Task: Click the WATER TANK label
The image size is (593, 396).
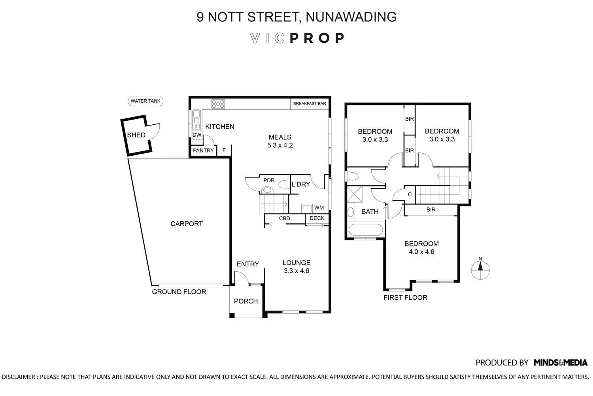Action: pyautogui.click(x=145, y=101)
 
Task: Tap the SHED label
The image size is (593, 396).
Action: pyautogui.click(x=136, y=135)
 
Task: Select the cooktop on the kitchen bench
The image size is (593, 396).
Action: pyautogui.click(x=218, y=104)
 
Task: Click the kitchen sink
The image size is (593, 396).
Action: pyautogui.click(x=196, y=120)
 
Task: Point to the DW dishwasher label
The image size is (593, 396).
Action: pyautogui.click(x=197, y=135)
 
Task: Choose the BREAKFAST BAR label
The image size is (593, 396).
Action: pyautogui.click(x=310, y=103)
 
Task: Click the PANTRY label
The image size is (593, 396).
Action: pyautogui.click(x=203, y=150)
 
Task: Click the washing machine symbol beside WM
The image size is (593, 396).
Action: pyautogui.click(x=306, y=208)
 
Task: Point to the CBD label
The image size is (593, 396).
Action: pyautogui.click(x=285, y=218)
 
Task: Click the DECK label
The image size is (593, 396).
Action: pyautogui.click(x=317, y=218)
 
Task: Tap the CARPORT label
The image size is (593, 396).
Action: pyautogui.click(x=187, y=224)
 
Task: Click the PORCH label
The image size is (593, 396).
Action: pyautogui.click(x=246, y=301)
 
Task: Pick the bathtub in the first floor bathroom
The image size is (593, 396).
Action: pyautogui.click(x=366, y=230)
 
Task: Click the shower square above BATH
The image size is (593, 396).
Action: pyautogui.click(x=355, y=194)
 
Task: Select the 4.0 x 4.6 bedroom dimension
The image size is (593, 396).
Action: pyautogui.click(x=421, y=252)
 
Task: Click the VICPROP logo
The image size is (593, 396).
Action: pyautogui.click(x=297, y=38)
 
